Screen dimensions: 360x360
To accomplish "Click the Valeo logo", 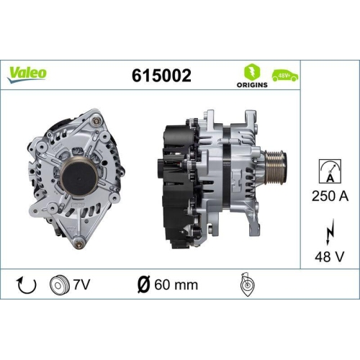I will point(28,73).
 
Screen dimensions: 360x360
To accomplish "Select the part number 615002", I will point(162,75).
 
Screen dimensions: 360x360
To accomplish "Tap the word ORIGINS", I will point(252,85).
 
